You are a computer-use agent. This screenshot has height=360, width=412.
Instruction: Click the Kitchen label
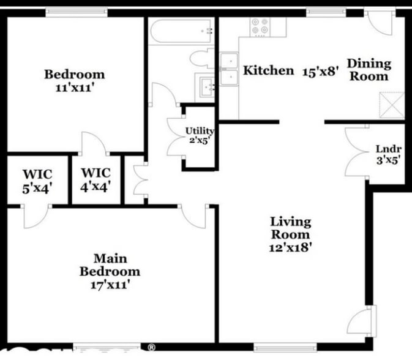[x=268, y=70]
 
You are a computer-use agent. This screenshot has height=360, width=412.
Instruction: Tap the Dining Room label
[x=369, y=70]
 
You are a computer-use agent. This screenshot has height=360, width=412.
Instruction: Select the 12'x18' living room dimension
[x=292, y=247]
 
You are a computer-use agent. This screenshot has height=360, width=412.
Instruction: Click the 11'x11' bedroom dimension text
[x=75, y=87]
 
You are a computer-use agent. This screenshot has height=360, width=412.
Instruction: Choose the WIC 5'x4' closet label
[x=37, y=181]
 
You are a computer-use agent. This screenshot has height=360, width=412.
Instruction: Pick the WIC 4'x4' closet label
[x=96, y=181]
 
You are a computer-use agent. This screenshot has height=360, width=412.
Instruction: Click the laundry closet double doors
[x=356, y=153]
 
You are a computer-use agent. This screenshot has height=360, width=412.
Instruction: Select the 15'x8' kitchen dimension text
[x=320, y=70]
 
